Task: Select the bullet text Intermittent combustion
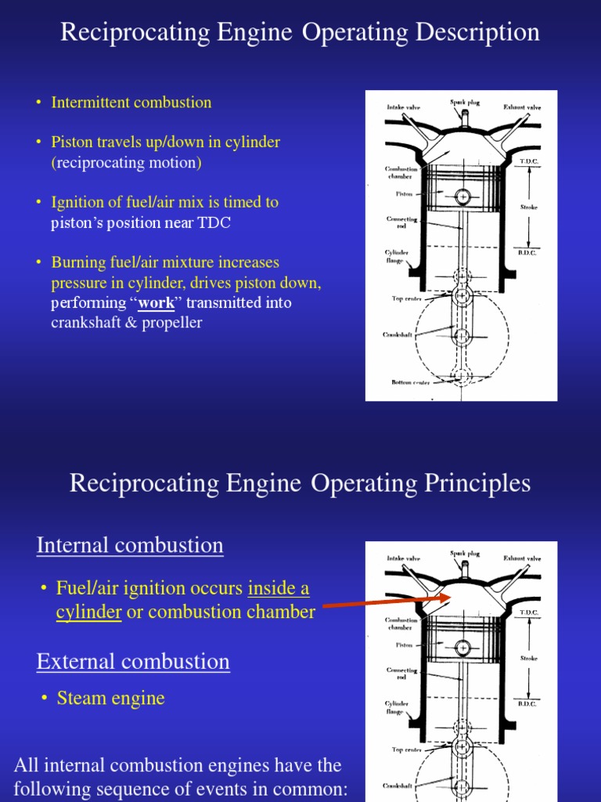point(131,103)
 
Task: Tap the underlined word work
point(156,303)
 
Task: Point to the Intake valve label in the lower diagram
point(403,558)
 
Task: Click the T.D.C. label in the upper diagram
point(529,161)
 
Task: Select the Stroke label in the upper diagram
point(529,208)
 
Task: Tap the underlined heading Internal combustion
point(130,545)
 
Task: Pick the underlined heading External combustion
point(133,662)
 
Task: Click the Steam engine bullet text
point(110,698)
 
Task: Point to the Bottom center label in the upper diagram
point(410,382)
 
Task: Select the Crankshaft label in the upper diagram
point(398,334)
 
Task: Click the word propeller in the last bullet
point(171,323)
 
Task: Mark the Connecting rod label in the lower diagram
point(401,674)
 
